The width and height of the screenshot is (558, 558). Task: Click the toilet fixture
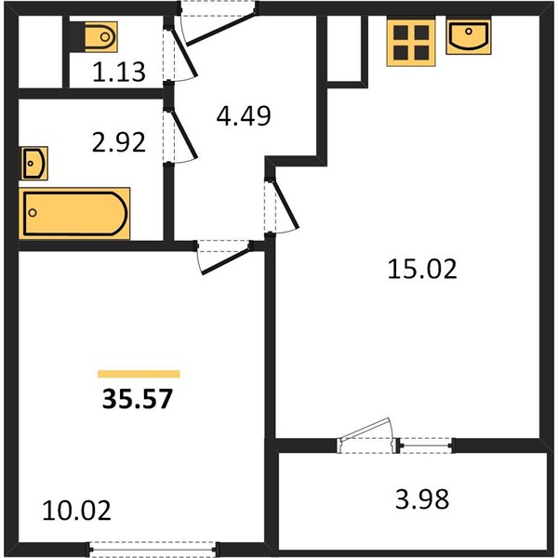pos(101,36)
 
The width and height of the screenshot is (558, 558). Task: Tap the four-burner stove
pos(411,43)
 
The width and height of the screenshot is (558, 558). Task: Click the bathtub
pos(74,213)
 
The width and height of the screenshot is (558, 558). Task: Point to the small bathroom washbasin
pos(34,164)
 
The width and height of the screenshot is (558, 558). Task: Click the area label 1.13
pos(119,72)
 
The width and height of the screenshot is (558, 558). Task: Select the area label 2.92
pos(119,142)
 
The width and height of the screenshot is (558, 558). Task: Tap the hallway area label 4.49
pos(244,116)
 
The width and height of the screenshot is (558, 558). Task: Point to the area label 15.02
pos(421,269)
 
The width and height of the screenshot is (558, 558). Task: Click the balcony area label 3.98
pos(422,498)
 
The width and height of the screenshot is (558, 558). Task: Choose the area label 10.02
pos(76,511)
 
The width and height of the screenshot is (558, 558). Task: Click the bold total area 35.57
pos(138,399)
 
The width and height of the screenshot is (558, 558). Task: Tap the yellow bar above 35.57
pos(139,374)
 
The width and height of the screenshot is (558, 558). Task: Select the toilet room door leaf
pos(184,53)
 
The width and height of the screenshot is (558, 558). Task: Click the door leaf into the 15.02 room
pos(286,204)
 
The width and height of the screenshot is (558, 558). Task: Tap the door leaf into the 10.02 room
pos(226,260)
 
